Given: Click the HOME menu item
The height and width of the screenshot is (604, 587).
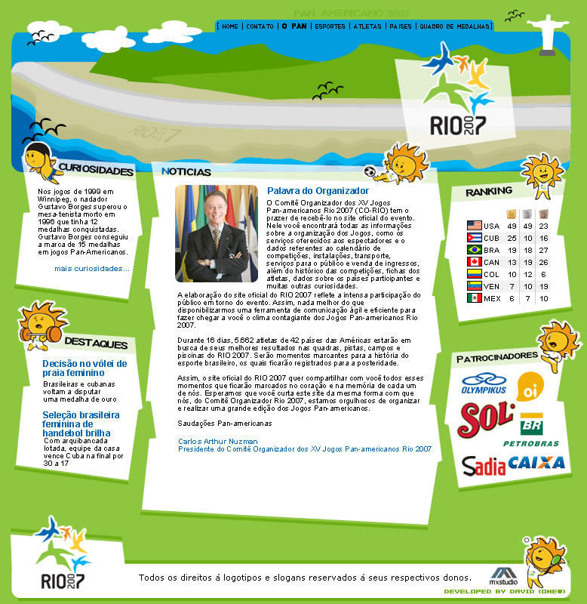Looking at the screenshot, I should [230, 26].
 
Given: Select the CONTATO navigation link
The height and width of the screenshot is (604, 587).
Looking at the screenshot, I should [260, 26].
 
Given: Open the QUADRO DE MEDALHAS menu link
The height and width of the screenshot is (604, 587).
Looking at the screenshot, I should [454, 26].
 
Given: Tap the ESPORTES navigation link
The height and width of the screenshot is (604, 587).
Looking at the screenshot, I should [330, 26].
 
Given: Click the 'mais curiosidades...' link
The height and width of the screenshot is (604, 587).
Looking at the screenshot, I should [92, 268].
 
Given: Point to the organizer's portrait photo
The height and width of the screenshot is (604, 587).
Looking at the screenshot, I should [216, 233].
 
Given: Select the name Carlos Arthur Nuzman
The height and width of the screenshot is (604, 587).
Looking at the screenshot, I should [218, 441].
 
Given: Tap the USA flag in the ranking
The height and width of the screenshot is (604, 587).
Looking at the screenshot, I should [474, 226].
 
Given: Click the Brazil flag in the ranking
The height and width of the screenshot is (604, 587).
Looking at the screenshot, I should [474, 250].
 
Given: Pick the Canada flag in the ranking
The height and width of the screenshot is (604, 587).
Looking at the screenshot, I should [474, 262].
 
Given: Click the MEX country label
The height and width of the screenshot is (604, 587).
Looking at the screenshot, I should [492, 298].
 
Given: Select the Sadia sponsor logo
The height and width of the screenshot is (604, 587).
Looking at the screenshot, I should [484, 465].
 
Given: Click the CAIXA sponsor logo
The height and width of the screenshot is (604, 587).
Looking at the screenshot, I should [536, 462].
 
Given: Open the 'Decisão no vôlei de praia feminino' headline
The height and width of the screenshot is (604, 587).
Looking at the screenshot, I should [85, 368].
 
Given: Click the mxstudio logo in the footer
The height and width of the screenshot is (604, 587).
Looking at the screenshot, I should [502, 576].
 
